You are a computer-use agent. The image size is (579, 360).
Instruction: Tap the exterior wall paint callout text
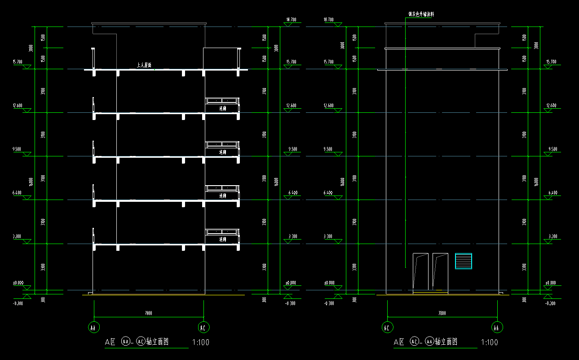(421, 14)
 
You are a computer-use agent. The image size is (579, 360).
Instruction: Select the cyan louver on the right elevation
(464, 261)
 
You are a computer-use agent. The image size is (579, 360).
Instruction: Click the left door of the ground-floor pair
(421, 271)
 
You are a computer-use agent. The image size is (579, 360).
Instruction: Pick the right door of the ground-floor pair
(440, 271)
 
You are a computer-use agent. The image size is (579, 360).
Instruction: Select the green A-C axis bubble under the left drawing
(203, 328)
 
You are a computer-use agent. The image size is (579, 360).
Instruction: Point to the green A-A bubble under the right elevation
(497, 328)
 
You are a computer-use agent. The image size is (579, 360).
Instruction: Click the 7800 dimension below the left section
(149, 313)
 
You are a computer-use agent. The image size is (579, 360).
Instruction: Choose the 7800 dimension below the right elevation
(442, 313)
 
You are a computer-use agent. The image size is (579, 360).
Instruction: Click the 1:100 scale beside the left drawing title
(200, 342)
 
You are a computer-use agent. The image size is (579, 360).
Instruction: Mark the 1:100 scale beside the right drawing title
(489, 342)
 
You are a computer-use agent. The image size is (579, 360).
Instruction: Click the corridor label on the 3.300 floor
(222, 240)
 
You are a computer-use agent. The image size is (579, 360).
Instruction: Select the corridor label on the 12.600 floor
(222, 109)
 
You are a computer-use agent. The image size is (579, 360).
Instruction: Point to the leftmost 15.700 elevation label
(18, 62)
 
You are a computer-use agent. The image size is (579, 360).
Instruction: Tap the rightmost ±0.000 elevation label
(550, 283)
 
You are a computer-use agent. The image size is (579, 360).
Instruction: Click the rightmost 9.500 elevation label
(552, 149)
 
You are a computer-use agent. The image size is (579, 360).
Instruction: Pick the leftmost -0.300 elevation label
(18, 303)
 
